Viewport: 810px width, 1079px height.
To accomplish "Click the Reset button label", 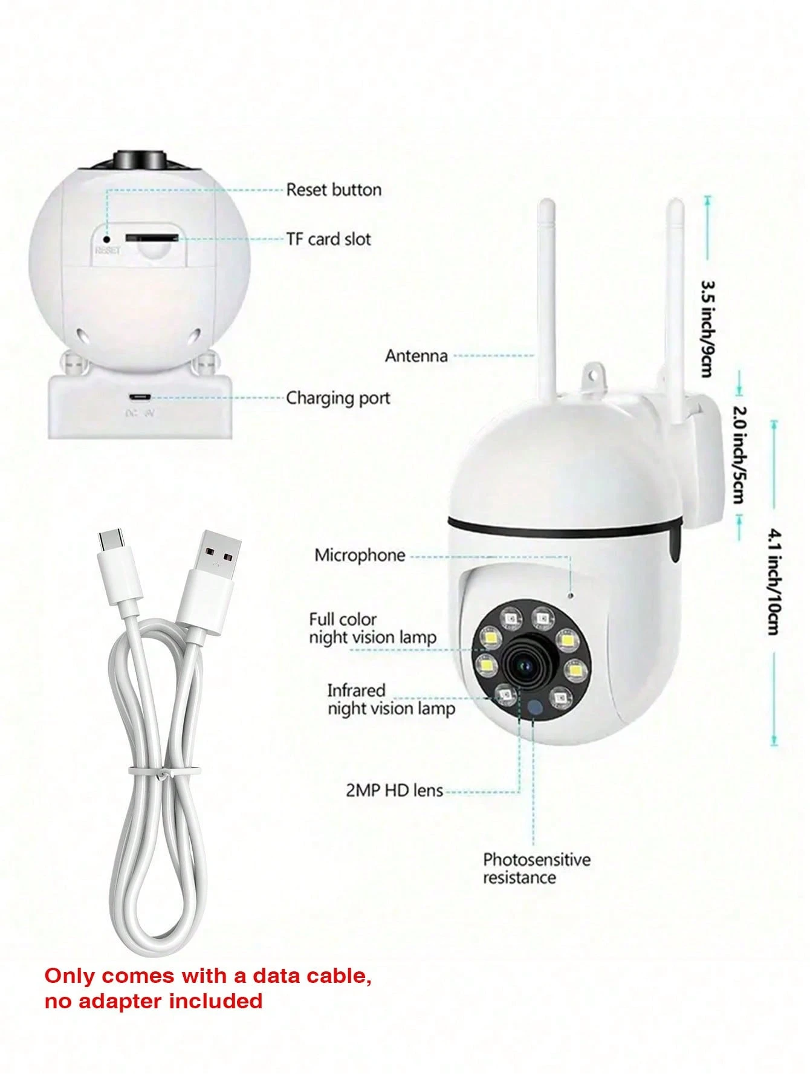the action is tap(334, 190).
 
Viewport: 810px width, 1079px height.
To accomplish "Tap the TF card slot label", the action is tap(329, 239).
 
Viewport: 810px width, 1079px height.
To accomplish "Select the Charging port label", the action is tap(338, 398).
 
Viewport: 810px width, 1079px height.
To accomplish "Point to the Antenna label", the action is tap(416, 355).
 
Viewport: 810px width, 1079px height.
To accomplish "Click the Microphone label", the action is tap(360, 556).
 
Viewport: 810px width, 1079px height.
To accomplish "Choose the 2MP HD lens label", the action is tap(394, 790).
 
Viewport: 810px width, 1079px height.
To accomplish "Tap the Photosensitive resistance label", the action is tap(537, 869).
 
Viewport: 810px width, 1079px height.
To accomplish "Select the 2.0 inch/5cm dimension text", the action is tap(739, 455).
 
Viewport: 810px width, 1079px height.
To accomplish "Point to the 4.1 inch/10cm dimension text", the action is tap(774, 581).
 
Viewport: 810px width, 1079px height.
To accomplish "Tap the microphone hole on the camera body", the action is tap(571, 595).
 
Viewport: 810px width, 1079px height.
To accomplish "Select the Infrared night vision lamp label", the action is tap(391, 699).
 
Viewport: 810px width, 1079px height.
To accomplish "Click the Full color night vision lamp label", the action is tap(372, 629).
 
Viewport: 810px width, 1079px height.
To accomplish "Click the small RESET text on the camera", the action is tap(108, 250).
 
